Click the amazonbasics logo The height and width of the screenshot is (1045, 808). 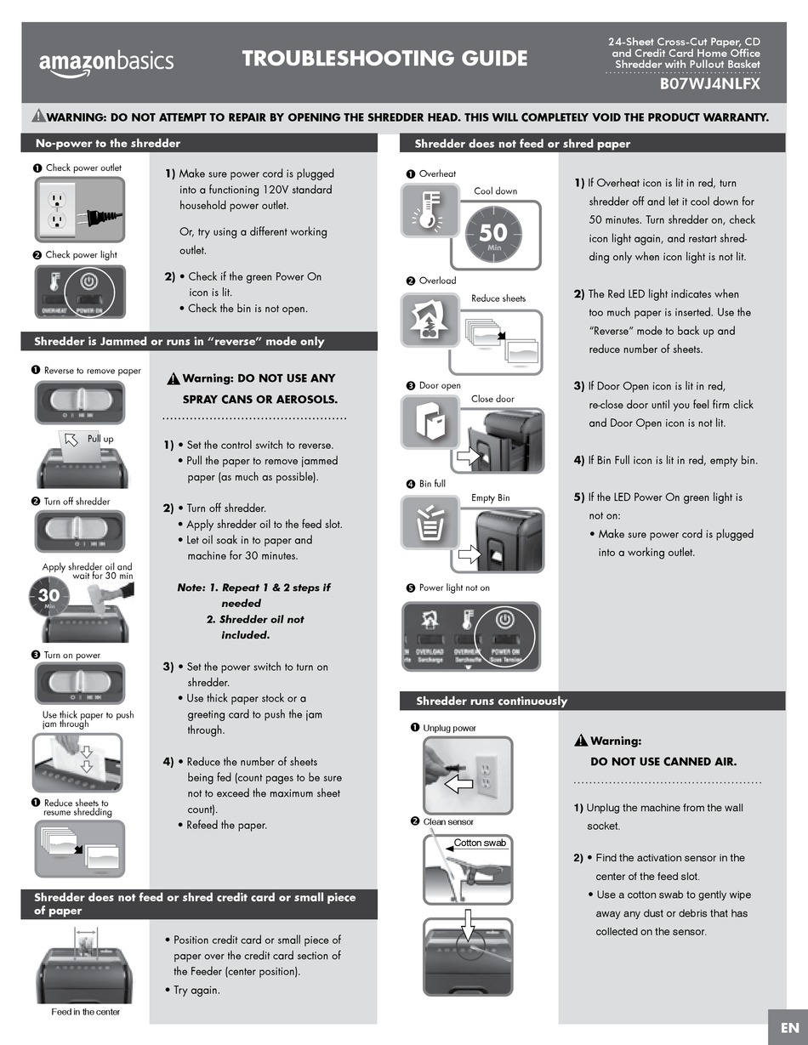pyautogui.click(x=106, y=61)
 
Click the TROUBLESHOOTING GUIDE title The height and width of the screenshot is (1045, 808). pyautogui.click(x=384, y=58)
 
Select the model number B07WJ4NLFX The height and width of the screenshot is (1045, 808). pyautogui.click(x=710, y=84)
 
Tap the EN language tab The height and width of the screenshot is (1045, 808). pyautogui.click(x=788, y=1028)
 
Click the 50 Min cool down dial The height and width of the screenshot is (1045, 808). pyautogui.click(x=493, y=233)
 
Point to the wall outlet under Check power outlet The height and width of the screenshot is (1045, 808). pyautogui.click(x=57, y=209)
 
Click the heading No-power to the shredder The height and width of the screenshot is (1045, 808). pyautogui.click(x=107, y=143)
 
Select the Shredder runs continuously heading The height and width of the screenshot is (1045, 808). pyautogui.click(x=492, y=701)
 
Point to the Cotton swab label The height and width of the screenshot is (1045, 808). pyautogui.click(x=480, y=843)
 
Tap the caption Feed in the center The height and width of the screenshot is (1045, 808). pyautogui.click(x=85, y=1012)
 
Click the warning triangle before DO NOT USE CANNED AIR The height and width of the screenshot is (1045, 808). pyautogui.click(x=581, y=741)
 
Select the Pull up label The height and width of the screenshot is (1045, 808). pyautogui.click(x=100, y=439)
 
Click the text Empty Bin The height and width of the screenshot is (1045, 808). pyautogui.click(x=491, y=497)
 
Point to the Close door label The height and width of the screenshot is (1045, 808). pyautogui.click(x=492, y=399)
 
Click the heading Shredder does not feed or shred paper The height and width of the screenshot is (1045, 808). pyautogui.click(x=522, y=144)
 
